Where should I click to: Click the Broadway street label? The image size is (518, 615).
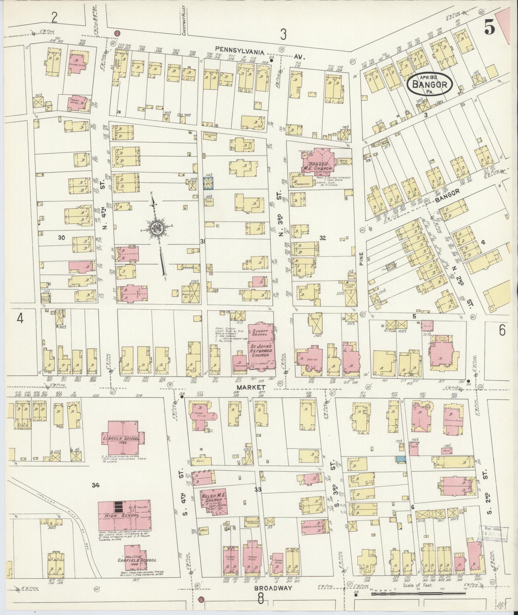(273, 597)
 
